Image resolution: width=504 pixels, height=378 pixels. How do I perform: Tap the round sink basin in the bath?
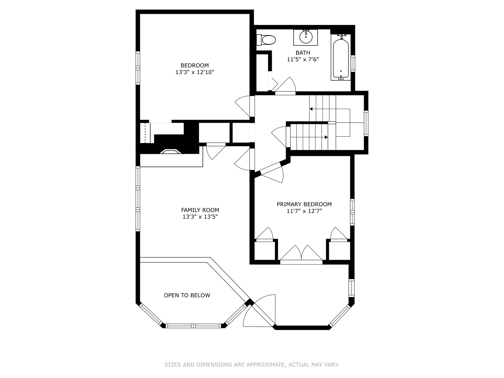coord(306,37)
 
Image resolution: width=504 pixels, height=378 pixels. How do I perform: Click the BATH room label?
coord(303,53)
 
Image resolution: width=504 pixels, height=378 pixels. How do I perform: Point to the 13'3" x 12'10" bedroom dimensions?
coord(195,72)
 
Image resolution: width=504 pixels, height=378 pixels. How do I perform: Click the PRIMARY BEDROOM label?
coord(304,204)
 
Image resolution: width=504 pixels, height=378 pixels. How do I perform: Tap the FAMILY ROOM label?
coord(200,210)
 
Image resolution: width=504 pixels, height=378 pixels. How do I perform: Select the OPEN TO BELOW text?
coord(187,295)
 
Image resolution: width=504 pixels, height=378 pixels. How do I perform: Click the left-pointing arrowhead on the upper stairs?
coord(311,109)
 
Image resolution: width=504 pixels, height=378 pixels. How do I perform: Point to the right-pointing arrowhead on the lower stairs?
coord(326,137)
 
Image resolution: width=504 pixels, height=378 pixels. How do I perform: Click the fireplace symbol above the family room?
coord(171,152)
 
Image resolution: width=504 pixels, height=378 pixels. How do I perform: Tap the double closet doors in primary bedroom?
coord(301,254)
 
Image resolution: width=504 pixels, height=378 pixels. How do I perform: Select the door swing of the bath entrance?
coord(285,85)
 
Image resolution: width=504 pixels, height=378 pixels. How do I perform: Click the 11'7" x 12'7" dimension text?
coord(304,211)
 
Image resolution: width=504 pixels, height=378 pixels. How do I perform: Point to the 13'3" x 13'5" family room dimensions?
coord(200,217)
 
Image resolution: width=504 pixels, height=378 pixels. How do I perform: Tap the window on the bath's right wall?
coord(353,64)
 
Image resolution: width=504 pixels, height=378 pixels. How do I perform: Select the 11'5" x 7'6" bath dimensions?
coord(303,60)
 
